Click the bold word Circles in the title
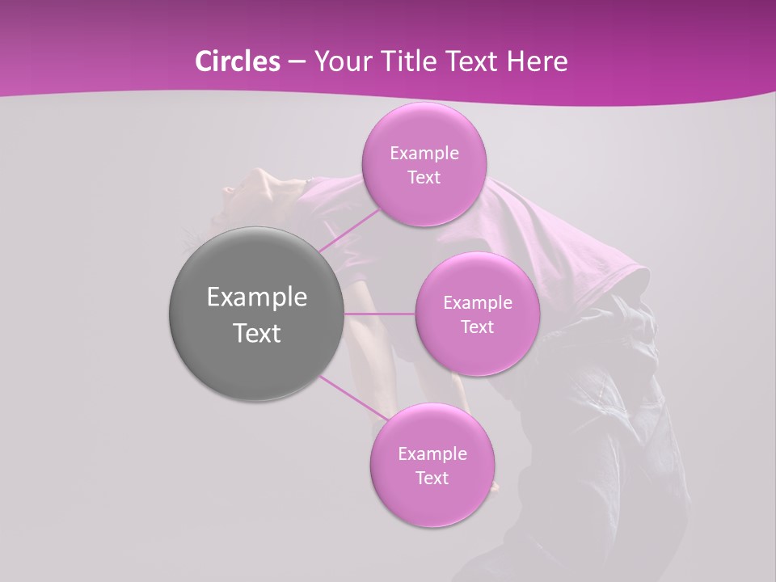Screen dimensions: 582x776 coord(238,61)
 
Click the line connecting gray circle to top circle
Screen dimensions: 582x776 coord(348,230)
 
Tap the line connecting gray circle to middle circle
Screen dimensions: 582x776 coord(380,314)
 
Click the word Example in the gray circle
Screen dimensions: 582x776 coord(256,297)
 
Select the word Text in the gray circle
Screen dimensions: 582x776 coord(256,333)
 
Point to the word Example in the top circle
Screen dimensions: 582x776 coord(424,154)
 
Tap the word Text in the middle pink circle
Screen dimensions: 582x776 coord(477,327)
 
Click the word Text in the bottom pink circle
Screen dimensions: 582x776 coord(432,479)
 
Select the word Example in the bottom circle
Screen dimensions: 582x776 coord(432,454)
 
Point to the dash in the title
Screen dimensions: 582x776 coord(296,61)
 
